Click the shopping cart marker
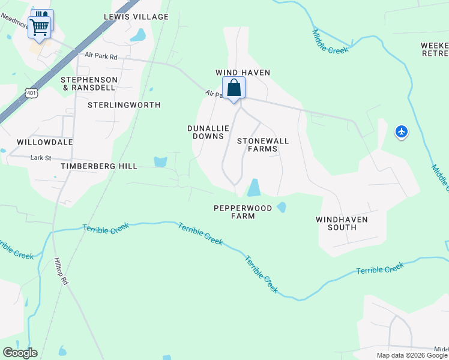pyautogui.click(x=39, y=26)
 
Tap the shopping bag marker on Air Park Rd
pyautogui.click(x=234, y=89)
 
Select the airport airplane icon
pyautogui.click(x=402, y=131)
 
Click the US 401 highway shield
pyautogui.click(x=32, y=93)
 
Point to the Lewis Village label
pyautogui.click(x=136, y=17)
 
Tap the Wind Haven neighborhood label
pyautogui.click(x=243, y=73)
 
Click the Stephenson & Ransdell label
pyautogui.click(x=89, y=83)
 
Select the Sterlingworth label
pyautogui.click(x=124, y=105)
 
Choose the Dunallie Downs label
pyautogui.click(x=205, y=132)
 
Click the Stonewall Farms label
pyautogui.click(x=263, y=145)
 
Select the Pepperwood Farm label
pyautogui.click(x=243, y=212)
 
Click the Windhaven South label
pyautogui.click(x=342, y=223)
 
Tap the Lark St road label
pyautogui.click(x=41, y=158)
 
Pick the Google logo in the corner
pyautogui.click(x=20, y=353)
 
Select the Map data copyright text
pyautogui.click(x=412, y=355)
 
